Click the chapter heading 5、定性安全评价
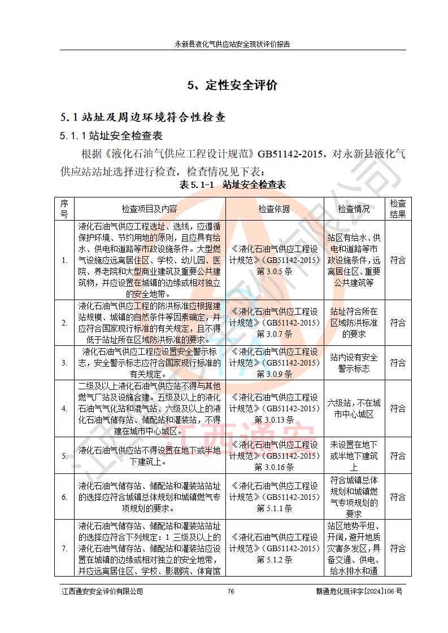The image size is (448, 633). click(x=233, y=85)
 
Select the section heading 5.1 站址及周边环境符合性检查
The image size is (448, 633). click(x=143, y=117)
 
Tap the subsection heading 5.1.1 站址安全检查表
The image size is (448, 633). click(x=111, y=136)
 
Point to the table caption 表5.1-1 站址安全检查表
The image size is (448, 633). click(x=232, y=184)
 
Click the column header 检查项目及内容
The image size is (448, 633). click(x=149, y=209)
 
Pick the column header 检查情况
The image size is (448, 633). click(x=354, y=209)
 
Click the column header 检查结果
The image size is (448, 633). click(x=398, y=209)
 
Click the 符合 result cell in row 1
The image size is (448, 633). click(x=398, y=260)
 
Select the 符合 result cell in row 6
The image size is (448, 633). click(x=398, y=497)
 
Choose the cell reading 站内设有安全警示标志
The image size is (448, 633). click(x=354, y=363)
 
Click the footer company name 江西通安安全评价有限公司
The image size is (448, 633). click(x=102, y=591)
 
